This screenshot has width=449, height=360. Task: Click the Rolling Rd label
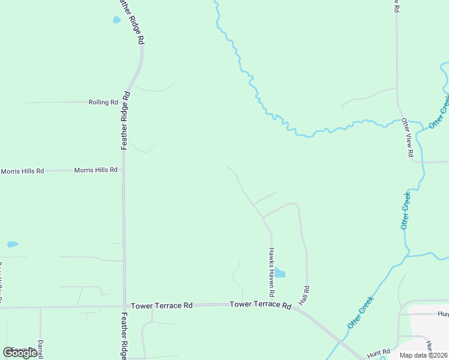103,103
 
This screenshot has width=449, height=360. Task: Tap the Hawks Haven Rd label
271,273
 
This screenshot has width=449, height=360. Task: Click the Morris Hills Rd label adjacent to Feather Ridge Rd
95,170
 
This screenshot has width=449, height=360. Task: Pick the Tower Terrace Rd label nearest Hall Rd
260,305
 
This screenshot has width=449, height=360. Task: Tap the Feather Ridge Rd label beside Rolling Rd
126,120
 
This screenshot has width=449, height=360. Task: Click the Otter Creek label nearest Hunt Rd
361,312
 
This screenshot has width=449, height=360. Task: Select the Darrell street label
40,349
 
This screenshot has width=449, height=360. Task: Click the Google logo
20,353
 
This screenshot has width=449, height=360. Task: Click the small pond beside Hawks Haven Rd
280,273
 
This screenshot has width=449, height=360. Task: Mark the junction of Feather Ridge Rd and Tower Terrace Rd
124,306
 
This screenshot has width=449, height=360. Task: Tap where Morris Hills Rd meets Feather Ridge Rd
123,170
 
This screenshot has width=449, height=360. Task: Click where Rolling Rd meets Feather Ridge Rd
128,103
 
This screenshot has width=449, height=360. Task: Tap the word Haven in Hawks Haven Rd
271,273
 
